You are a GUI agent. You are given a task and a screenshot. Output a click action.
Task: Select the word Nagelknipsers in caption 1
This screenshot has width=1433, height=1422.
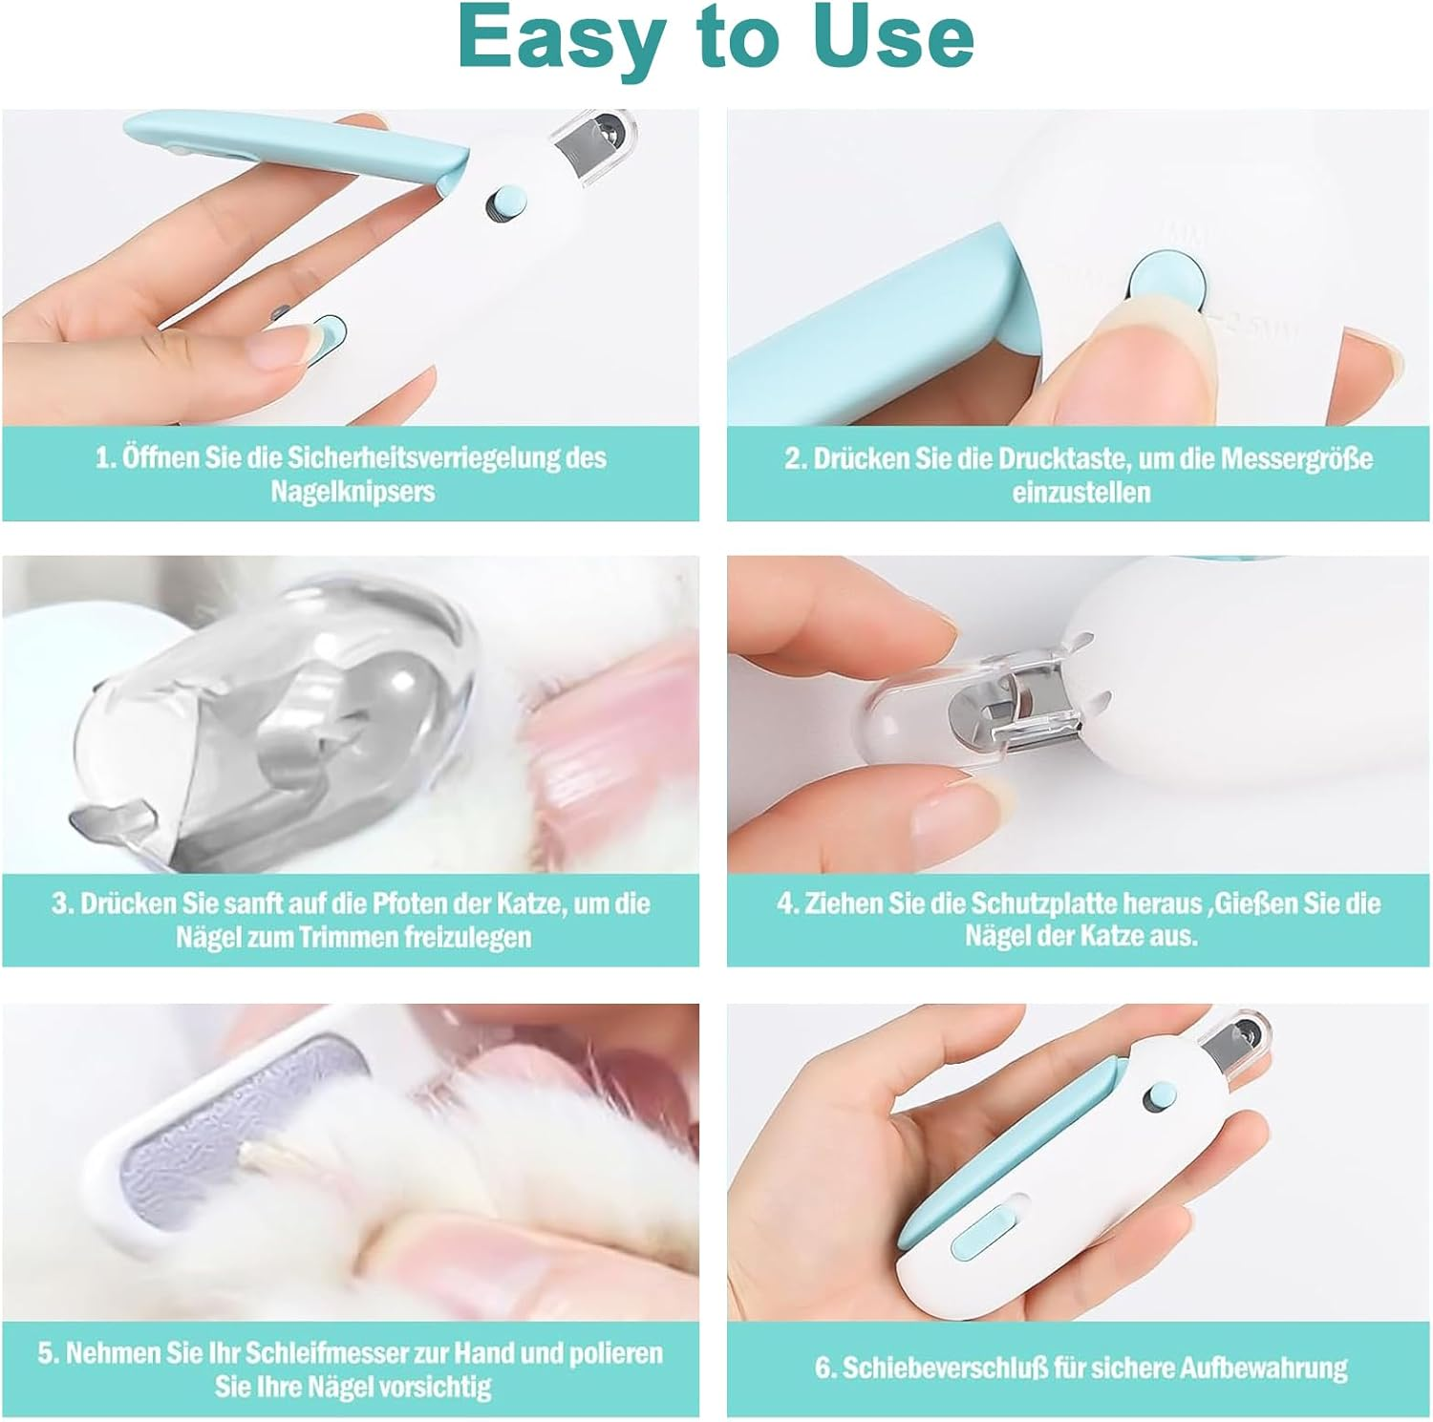click(x=353, y=492)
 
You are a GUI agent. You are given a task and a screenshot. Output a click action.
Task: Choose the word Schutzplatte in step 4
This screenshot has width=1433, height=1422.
click(x=1045, y=903)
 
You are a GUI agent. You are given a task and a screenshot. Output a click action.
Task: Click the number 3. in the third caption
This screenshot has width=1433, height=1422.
click(x=63, y=903)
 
